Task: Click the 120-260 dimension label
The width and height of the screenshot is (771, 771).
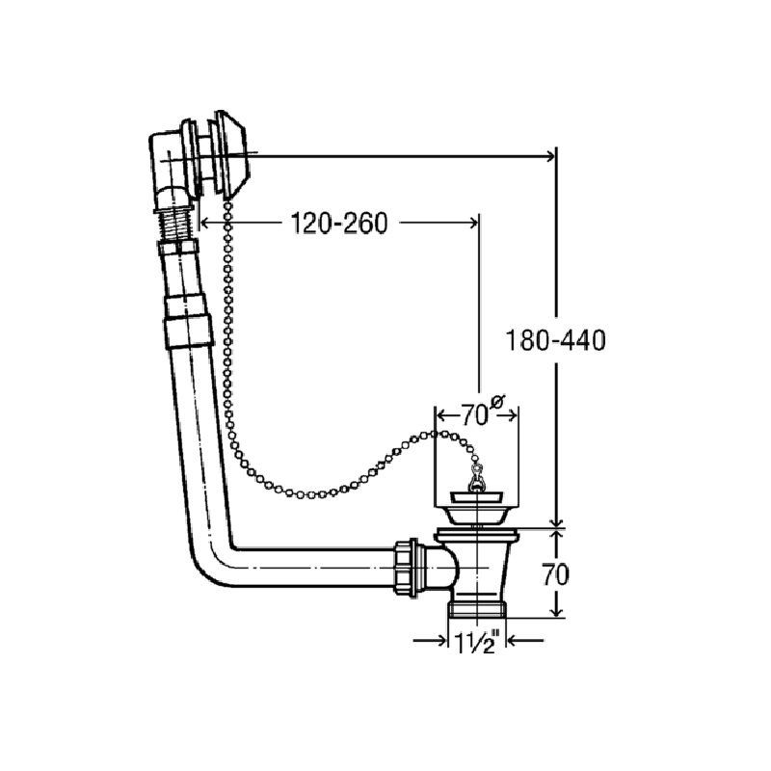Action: [x=339, y=224]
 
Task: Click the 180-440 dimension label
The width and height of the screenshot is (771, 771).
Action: [x=556, y=340]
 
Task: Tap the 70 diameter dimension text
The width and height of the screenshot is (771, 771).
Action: [x=474, y=416]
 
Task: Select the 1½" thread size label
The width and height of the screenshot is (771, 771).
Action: [x=476, y=642]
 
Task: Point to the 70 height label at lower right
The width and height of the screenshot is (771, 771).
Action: [x=556, y=573]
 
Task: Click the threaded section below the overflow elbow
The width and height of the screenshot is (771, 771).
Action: [x=175, y=225]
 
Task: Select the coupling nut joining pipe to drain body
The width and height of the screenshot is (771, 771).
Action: [x=406, y=568]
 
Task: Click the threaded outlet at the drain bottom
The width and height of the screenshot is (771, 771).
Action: [x=477, y=608]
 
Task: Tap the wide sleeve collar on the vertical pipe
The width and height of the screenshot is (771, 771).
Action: [x=189, y=332]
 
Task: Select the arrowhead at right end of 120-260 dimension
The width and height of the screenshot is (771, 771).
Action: [x=471, y=223]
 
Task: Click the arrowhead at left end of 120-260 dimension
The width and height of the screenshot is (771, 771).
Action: [x=206, y=223]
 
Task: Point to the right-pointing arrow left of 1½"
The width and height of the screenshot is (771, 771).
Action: [x=430, y=641]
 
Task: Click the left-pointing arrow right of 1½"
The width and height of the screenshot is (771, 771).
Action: [x=525, y=641]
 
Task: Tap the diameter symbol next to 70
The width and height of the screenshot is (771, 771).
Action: [x=496, y=402]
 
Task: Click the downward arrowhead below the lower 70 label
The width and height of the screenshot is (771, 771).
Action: [x=556, y=611]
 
